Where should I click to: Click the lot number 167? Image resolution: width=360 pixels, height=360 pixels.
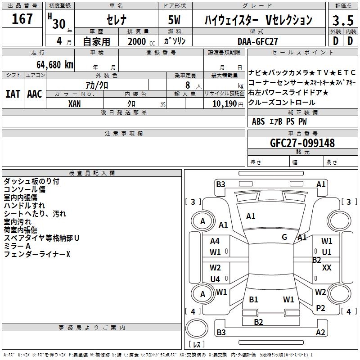[22, 19]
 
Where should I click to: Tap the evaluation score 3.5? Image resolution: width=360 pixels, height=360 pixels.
[342, 21]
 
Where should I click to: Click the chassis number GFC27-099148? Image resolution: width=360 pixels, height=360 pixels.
[302, 143]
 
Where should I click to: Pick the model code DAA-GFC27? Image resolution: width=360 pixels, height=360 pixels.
[258, 41]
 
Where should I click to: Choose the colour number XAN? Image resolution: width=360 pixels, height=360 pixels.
[75, 103]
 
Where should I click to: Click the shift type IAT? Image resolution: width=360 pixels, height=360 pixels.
[13, 94]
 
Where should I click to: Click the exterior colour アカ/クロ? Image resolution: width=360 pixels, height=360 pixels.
[97, 85]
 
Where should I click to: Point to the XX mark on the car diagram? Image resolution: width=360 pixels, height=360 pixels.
[327, 267]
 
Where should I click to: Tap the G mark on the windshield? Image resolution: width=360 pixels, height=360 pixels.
[284, 237]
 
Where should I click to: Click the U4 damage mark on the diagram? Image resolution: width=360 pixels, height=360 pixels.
[215, 279]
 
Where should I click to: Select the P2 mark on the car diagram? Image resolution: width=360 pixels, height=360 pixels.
[320, 308]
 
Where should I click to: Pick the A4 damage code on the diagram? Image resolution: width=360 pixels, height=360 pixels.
[215, 241]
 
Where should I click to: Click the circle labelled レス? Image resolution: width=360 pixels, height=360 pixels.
[196, 331]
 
